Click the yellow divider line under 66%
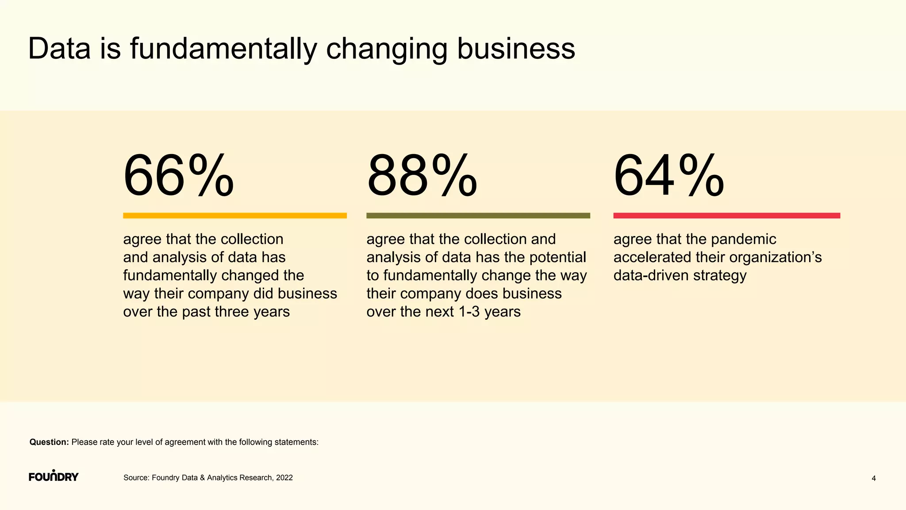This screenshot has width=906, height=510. pos(234,216)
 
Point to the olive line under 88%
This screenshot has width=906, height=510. pos(478,216)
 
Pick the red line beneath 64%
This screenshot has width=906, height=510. pos(726,216)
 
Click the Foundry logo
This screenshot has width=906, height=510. pos(54,476)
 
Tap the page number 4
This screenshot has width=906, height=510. pos(873,478)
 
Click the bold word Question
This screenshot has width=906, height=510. pos(49,442)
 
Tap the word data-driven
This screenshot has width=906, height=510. pos(651,275)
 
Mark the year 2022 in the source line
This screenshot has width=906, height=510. pos(284,478)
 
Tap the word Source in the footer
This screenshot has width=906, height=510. pos(136,478)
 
